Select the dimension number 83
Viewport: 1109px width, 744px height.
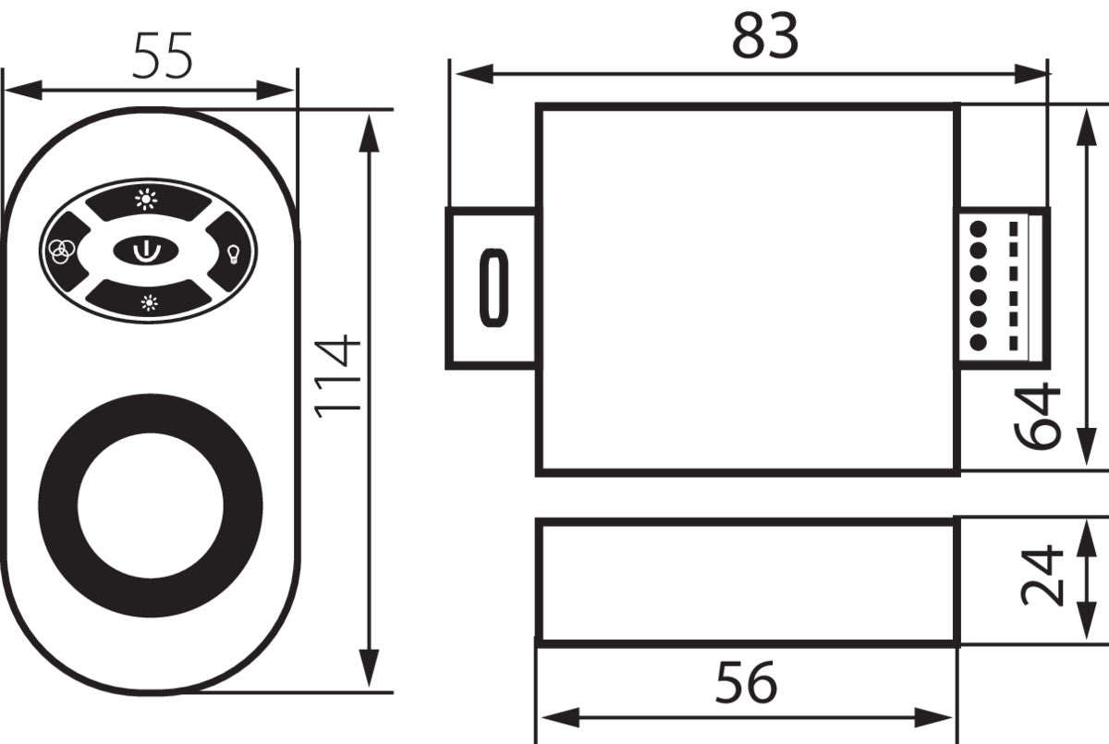764,38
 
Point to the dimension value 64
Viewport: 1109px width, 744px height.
1037,415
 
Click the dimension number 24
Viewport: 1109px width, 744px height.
1042,576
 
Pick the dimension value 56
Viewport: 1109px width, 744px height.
746,683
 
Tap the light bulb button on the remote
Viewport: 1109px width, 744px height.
232,252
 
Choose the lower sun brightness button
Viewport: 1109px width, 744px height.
148,302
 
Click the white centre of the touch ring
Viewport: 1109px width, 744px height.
150,505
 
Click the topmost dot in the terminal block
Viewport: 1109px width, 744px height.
979,226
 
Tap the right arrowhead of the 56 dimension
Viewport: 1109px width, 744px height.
943,716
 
